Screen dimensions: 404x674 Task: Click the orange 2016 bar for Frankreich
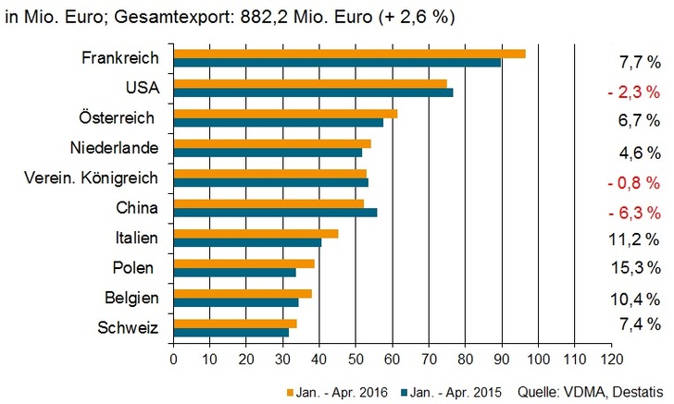[x=349, y=54]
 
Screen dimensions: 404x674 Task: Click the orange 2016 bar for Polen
[x=243, y=263]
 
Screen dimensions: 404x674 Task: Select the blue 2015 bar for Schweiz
[x=231, y=332]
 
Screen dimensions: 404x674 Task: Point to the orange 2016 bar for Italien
[x=256, y=233]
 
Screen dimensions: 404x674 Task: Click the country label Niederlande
[x=115, y=148]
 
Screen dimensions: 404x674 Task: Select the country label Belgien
[x=131, y=298]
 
